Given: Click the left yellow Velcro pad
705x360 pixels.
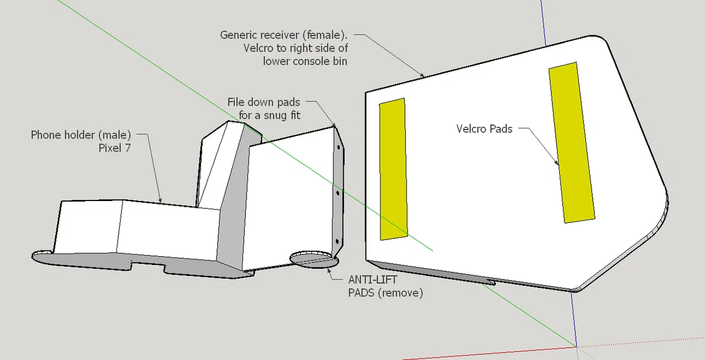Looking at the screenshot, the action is pos(393,169).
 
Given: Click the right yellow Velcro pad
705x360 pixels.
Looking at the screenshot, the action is pos(572,142).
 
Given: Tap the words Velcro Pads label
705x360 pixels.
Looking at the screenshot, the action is pos(484,128).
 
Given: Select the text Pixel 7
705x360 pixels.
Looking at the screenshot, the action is pos(115,148).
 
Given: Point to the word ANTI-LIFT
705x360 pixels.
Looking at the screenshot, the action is pos(372,279).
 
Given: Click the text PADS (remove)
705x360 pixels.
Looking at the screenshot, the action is pos(385,293).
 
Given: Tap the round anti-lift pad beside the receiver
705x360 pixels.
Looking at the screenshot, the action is pos(314,260).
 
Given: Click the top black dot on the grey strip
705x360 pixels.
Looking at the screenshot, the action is pos(339,147).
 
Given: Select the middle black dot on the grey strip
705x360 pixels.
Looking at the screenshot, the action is pos(338,193).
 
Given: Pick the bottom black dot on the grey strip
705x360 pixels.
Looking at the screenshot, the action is pos(338,241).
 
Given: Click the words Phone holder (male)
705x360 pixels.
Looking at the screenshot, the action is pos(81,135).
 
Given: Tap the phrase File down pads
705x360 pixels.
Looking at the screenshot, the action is pos(264,103).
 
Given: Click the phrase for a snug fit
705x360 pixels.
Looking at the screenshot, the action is pos(270,116).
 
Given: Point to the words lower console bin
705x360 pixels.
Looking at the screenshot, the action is pos(305,61).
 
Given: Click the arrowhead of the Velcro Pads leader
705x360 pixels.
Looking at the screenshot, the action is pos(557,164).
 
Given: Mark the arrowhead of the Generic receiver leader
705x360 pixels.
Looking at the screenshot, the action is pos(422,75).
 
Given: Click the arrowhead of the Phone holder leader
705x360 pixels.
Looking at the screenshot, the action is pos(161,201).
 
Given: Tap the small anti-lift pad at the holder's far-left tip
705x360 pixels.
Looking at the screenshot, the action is pos(42,253).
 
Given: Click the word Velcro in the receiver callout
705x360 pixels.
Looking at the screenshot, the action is pos(258,48).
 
